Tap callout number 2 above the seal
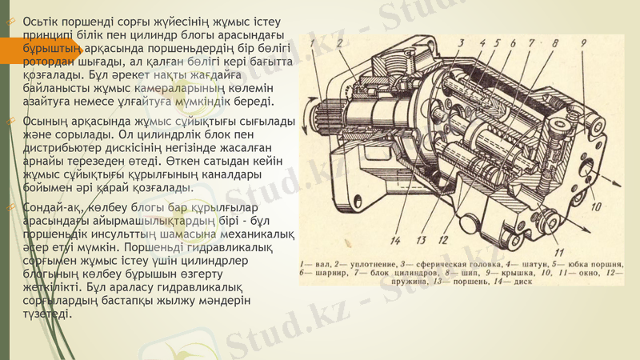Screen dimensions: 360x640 pos(340,42)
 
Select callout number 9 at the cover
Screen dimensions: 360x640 pos(583,42)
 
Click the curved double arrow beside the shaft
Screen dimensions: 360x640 pos(314,104)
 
